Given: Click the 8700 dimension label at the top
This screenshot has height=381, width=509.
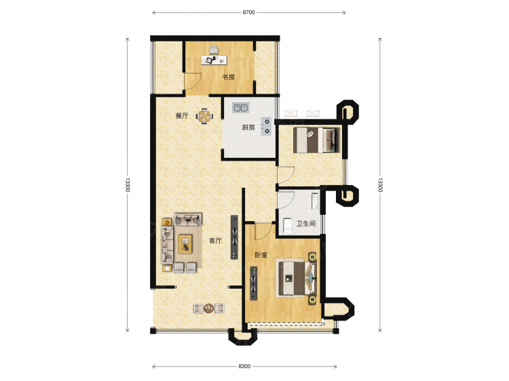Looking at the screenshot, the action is pos(248,13).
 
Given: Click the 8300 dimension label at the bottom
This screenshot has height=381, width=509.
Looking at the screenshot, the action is pos(244,366).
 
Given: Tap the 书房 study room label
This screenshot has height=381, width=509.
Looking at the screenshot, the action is pos(228,77).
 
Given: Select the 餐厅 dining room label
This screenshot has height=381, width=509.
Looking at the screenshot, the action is pos(182,116).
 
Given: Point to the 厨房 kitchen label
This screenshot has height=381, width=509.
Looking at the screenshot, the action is pos(248,127).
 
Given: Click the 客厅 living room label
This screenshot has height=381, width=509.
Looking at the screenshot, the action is pos(215,241).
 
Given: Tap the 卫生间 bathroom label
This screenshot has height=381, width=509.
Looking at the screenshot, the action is pos(306,224).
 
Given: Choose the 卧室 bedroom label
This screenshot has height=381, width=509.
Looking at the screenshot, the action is pos(261,255).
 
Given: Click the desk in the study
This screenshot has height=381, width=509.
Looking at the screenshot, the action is pos(214,60).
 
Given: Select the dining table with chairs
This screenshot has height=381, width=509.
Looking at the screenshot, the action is pos(204,116).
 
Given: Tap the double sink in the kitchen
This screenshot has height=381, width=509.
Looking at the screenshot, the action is pos(240,107).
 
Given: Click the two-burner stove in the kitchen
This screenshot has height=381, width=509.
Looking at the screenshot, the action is pos(266,126).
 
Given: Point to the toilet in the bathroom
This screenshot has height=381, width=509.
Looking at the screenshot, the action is pos(288,226).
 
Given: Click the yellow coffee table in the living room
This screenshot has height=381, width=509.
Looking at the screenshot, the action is pos(185,244).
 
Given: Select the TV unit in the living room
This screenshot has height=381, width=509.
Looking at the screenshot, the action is pos(234,237).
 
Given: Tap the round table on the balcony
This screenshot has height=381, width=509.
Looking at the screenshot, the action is pos(209,308).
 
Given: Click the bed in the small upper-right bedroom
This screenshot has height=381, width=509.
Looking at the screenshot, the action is pos(316,140).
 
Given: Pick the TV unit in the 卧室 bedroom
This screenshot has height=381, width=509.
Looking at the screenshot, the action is pos(254,283).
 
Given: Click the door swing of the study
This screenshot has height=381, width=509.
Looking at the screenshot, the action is pos(193,81).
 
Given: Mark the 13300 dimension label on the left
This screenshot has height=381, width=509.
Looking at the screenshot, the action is pos(128,185).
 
